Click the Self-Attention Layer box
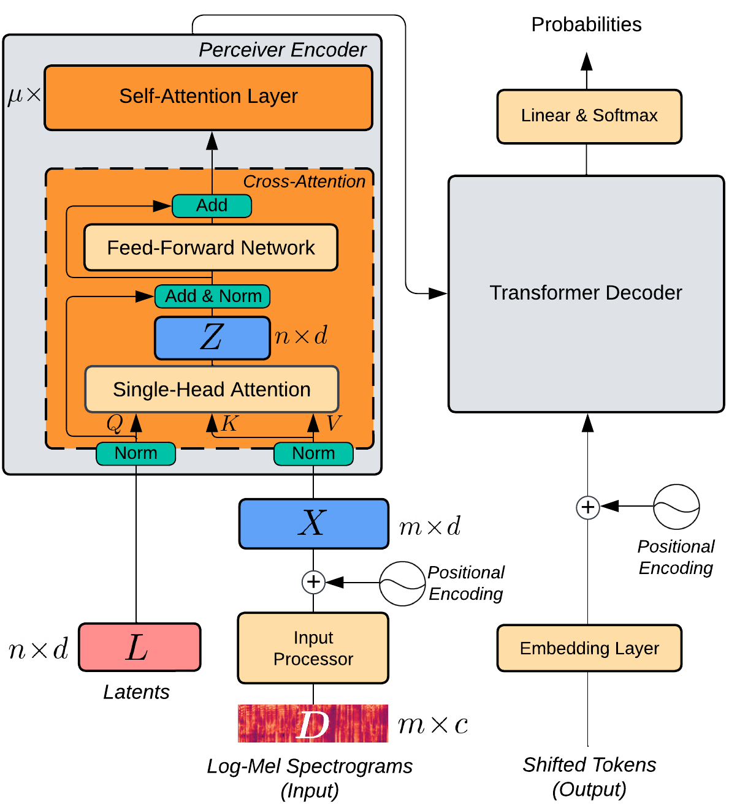tap(208, 97)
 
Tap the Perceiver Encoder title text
tap(282, 50)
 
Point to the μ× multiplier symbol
tap(24, 95)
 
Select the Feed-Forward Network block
tap(211, 248)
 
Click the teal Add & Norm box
tap(213, 296)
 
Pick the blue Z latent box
tap(212, 338)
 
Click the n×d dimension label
tap(301, 336)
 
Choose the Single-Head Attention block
tap(212, 390)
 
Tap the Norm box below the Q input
tap(136, 453)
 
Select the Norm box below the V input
tap(313, 453)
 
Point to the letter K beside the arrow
tap(230, 423)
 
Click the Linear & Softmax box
tap(589, 116)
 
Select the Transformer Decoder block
tap(586, 293)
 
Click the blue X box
tap(313, 523)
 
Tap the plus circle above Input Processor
tap(313, 582)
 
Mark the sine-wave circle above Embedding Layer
tap(676, 507)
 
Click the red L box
tap(140, 647)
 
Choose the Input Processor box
tap(313, 648)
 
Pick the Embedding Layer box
tap(589, 648)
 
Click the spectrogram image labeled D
tap(313, 724)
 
